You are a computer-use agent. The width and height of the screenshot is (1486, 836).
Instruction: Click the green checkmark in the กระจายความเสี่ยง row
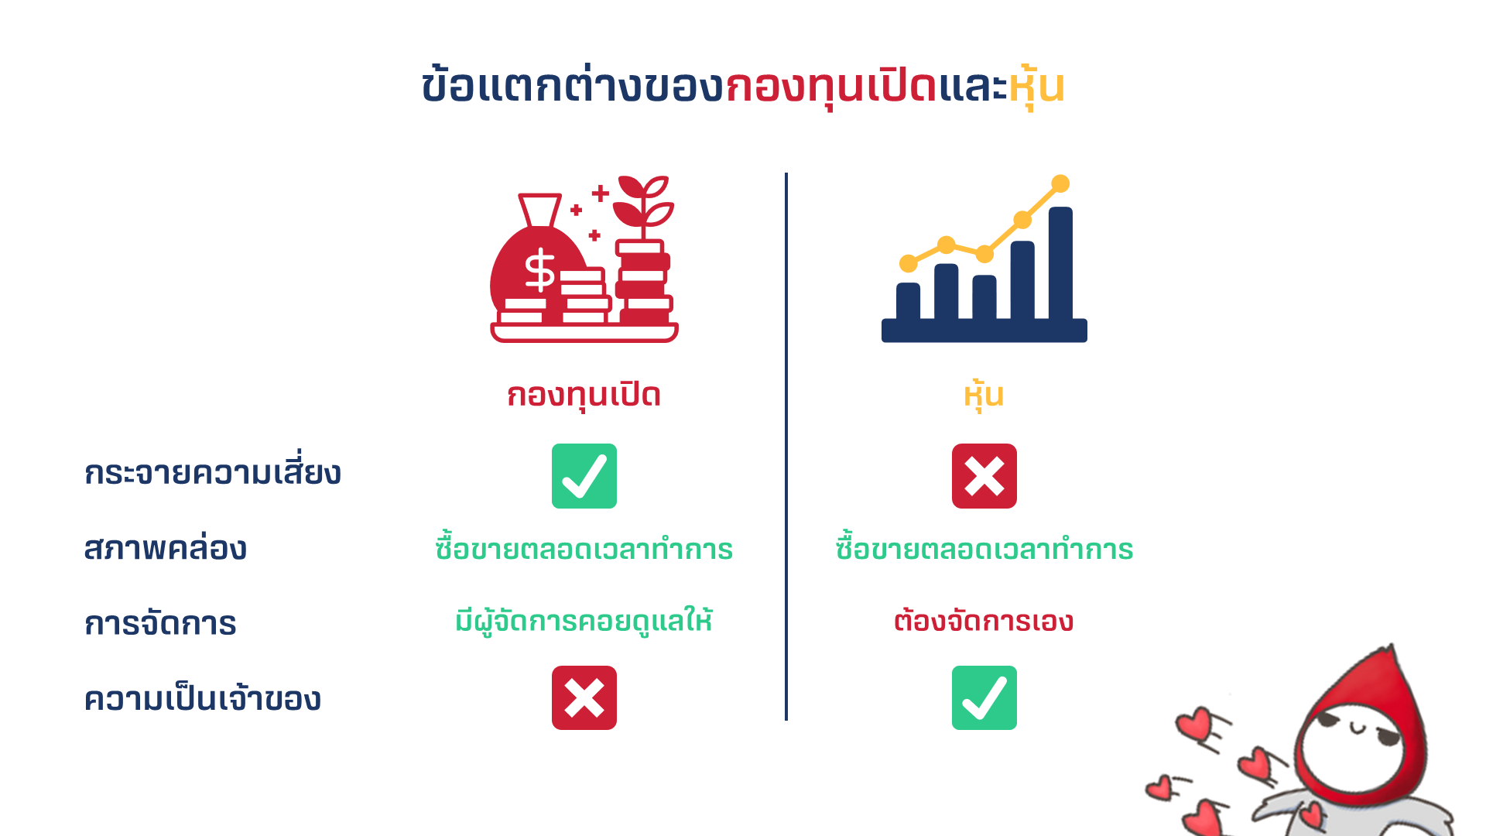tap(584, 476)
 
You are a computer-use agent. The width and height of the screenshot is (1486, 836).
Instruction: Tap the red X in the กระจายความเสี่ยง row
tap(984, 476)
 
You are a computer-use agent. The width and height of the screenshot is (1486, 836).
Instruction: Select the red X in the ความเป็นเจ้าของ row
tap(584, 697)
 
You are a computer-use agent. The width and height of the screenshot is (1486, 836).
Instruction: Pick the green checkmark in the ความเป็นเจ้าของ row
tap(984, 697)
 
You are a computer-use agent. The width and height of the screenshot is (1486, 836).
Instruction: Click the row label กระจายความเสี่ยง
tap(213, 471)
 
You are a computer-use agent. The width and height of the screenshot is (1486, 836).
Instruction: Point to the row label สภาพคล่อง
tap(166, 546)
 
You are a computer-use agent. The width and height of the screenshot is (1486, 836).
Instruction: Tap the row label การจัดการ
tap(160, 622)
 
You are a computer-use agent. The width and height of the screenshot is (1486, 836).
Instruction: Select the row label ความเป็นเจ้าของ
tap(203, 697)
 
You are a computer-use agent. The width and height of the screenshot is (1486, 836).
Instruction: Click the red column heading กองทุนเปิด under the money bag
tap(584, 395)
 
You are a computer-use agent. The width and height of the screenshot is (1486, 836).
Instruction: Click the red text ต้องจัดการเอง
tap(984, 619)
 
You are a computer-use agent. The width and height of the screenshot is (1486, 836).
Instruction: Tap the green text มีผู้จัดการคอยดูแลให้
tap(584, 621)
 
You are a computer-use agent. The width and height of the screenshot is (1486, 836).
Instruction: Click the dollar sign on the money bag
tap(539, 270)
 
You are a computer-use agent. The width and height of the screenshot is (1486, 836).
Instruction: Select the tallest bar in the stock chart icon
tap(1060, 263)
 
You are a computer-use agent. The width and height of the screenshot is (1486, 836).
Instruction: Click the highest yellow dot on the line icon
tap(1060, 183)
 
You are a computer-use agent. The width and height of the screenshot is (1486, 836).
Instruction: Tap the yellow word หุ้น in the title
tap(1036, 87)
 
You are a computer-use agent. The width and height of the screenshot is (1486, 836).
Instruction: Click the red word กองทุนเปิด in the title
tap(831, 87)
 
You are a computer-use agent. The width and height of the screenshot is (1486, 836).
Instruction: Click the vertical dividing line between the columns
tap(786, 447)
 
